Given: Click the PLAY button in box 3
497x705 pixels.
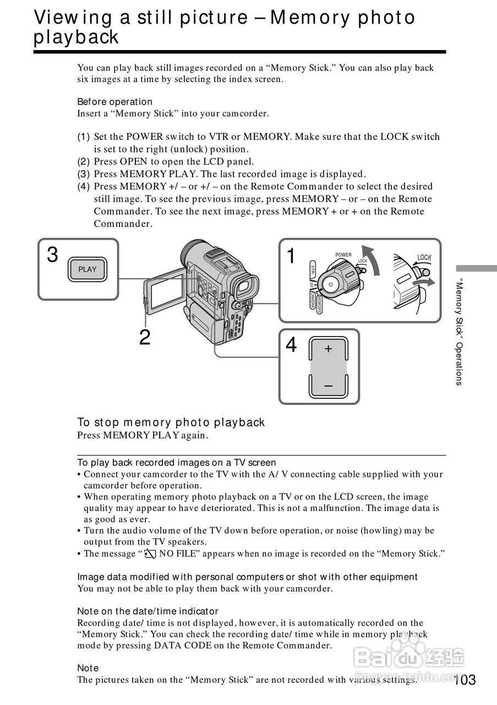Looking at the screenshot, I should click(87, 269).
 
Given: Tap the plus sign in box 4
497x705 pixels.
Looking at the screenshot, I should click(328, 349).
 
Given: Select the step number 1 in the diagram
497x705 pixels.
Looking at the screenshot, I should click(291, 256).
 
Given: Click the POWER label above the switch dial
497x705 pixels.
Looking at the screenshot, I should click(343, 255).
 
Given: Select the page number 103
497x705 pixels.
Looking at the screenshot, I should click(465, 680).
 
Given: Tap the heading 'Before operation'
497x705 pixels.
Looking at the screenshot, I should click(114, 101).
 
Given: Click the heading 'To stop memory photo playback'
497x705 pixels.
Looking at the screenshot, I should click(171, 422).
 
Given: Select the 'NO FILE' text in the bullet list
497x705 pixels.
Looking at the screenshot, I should click(180, 554).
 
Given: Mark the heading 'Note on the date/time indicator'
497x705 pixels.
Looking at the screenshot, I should click(148, 611).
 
